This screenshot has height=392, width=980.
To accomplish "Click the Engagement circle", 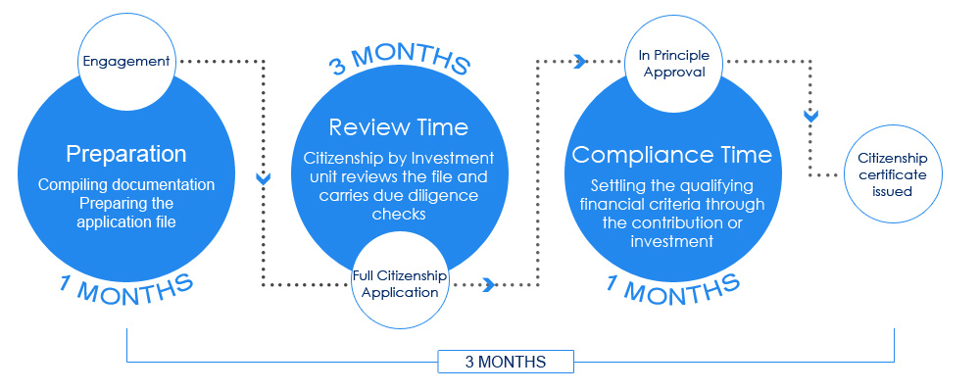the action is pyautogui.click(x=126, y=62).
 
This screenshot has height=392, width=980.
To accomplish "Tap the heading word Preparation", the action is pyautogui.click(x=126, y=154).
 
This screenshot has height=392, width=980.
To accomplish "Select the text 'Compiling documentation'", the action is pyautogui.click(x=126, y=185).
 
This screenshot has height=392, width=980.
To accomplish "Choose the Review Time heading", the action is pyautogui.click(x=399, y=127).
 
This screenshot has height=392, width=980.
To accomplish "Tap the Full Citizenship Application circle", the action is pyautogui.click(x=400, y=282).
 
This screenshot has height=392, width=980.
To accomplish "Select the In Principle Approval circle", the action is pyautogui.click(x=675, y=63).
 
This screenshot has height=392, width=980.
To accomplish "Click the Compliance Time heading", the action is pyautogui.click(x=672, y=155).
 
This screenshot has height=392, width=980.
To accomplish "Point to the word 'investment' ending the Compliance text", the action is pyautogui.click(x=672, y=242).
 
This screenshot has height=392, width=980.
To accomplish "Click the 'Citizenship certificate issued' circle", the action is pyautogui.click(x=893, y=174).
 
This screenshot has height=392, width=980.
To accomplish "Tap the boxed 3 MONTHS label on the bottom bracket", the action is pyautogui.click(x=505, y=362).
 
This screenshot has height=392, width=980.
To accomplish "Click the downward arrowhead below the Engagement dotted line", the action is pyautogui.click(x=263, y=178).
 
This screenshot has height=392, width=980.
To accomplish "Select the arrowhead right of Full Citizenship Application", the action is pyautogui.click(x=489, y=285).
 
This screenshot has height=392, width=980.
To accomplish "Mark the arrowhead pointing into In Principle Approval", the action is pyautogui.click(x=580, y=62).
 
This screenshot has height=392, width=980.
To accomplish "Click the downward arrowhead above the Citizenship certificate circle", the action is pyautogui.click(x=810, y=116).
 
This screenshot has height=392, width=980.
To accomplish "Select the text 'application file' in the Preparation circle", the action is pyautogui.click(x=126, y=221).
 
